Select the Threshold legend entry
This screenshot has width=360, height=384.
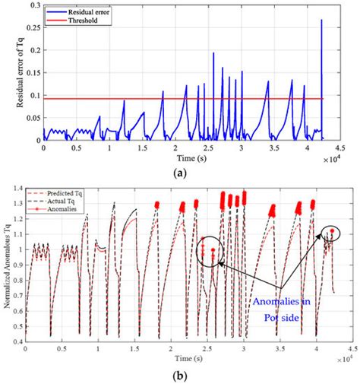click(x=84, y=21)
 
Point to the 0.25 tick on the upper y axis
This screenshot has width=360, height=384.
click(x=30, y=28)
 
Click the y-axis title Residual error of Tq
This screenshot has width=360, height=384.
click(x=11, y=72)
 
